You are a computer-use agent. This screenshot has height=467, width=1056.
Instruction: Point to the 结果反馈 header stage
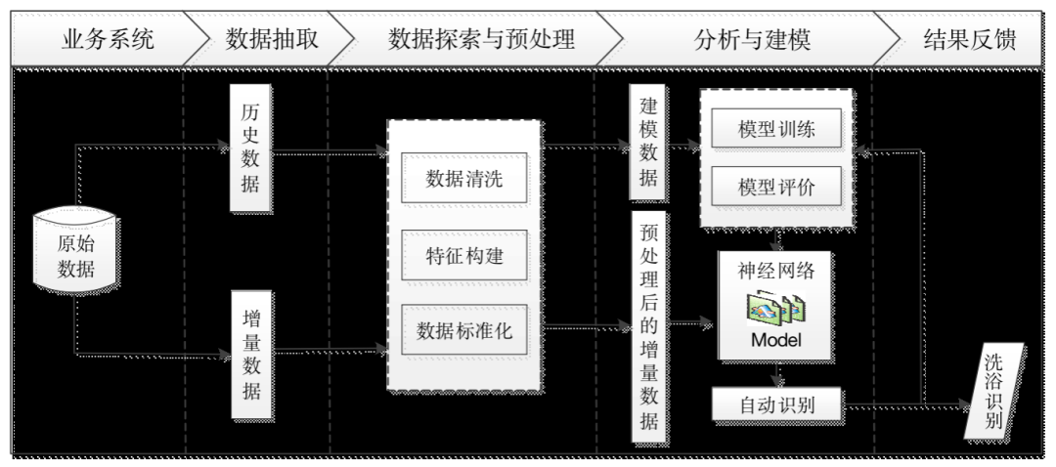(x=969, y=40)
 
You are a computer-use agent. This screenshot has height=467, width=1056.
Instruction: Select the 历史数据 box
(x=251, y=149)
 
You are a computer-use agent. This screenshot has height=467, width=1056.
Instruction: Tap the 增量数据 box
(x=251, y=353)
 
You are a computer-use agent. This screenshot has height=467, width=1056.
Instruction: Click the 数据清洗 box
(x=463, y=178)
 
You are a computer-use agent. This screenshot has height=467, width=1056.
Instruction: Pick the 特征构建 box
(x=463, y=255)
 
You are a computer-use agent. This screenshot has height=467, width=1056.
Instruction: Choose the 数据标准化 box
(x=463, y=329)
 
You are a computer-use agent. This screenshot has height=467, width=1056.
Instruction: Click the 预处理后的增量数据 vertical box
(x=648, y=327)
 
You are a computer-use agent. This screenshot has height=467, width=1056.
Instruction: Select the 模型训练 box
(x=775, y=130)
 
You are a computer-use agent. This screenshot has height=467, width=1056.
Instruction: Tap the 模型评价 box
(x=775, y=187)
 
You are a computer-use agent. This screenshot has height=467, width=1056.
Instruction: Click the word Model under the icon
(x=775, y=340)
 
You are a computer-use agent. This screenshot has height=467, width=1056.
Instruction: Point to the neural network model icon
(x=775, y=309)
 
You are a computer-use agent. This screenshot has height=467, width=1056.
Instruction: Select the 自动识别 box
(x=775, y=402)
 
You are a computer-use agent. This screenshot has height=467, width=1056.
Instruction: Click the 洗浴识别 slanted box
(x=993, y=391)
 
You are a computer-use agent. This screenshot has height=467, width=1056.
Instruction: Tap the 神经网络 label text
(x=775, y=271)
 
